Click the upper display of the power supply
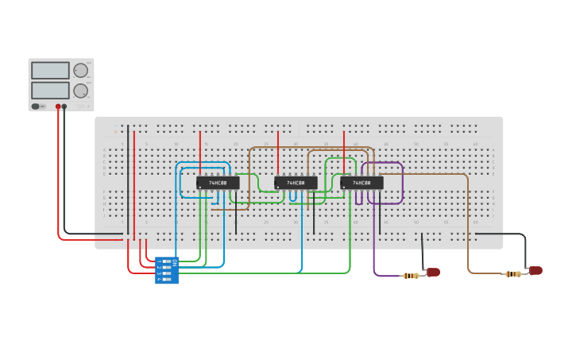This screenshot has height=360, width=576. pyautogui.click(x=50, y=70)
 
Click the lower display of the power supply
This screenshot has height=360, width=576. pyautogui.click(x=50, y=90)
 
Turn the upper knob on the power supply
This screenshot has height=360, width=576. pyautogui.click(x=80, y=70)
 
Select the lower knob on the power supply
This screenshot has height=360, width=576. pyautogui.click(x=80, y=90)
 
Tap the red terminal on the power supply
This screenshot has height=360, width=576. pyautogui.click(x=58, y=106)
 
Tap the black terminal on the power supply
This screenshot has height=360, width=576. pyautogui.click(x=65, y=106)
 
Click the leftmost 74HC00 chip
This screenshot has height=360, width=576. pyautogui.click(x=218, y=183)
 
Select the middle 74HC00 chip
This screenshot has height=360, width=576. pyautogui.click(x=296, y=183)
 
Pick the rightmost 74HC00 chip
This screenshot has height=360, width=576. pyautogui.click(x=361, y=183)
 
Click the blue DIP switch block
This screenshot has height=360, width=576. pyautogui.click(x=167, y=270)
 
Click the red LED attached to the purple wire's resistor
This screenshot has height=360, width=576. pyautogui.click(x=433, y=273)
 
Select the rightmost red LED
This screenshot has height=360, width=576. pyautogui.click(x=536, y=271)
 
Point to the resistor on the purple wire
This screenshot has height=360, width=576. pyautogui.click(x=411, y=276)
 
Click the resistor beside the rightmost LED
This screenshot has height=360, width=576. pyautogui.click(x=514, y=274)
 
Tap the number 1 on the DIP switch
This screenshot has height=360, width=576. pyautogui.click(x=159, y=261)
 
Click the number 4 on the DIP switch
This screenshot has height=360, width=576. pyautogui.click(x=159, y=279)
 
